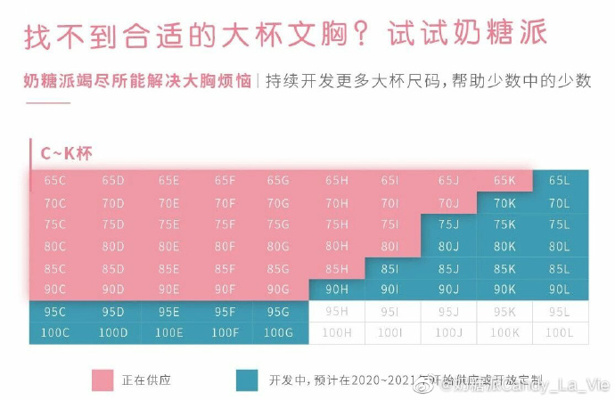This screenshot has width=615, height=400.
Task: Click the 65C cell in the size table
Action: click(x=55, y=181)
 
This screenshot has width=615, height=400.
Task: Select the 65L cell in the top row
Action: click(x=559, y=181)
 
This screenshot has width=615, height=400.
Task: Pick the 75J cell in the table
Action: click(x=448, y=224)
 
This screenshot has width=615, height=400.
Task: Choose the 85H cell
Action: click(x=336, y=268)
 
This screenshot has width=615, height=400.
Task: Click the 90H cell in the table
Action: click(x=336, y=290)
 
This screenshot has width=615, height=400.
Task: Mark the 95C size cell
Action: click(x=55, y=312)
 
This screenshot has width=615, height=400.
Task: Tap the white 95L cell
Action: click(x=559, y=312)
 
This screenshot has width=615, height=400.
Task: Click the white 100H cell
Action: click(x=336, y=333)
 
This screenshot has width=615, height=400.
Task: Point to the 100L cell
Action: click(x=559, y=333)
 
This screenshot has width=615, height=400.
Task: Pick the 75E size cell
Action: click(x=168, y=224)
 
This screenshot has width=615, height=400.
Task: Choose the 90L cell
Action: click(x=559, y=290)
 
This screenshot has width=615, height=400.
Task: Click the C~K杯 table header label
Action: click(x=66, y=153)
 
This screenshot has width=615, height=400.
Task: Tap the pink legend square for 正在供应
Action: click(x=102, y=380)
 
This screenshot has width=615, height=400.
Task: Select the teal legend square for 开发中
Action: click(x=247, y=380)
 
